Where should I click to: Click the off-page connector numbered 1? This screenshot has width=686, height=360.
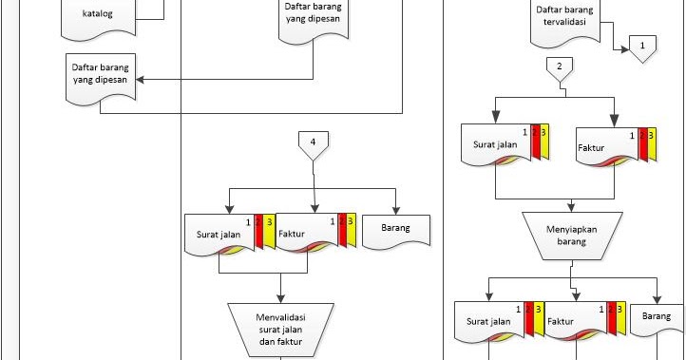643,48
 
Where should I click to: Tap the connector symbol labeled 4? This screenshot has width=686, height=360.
313,144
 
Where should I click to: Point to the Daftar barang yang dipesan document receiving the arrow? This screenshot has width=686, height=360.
100,74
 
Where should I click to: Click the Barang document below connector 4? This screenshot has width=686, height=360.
397,231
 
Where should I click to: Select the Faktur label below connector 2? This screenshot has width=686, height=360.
591,149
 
